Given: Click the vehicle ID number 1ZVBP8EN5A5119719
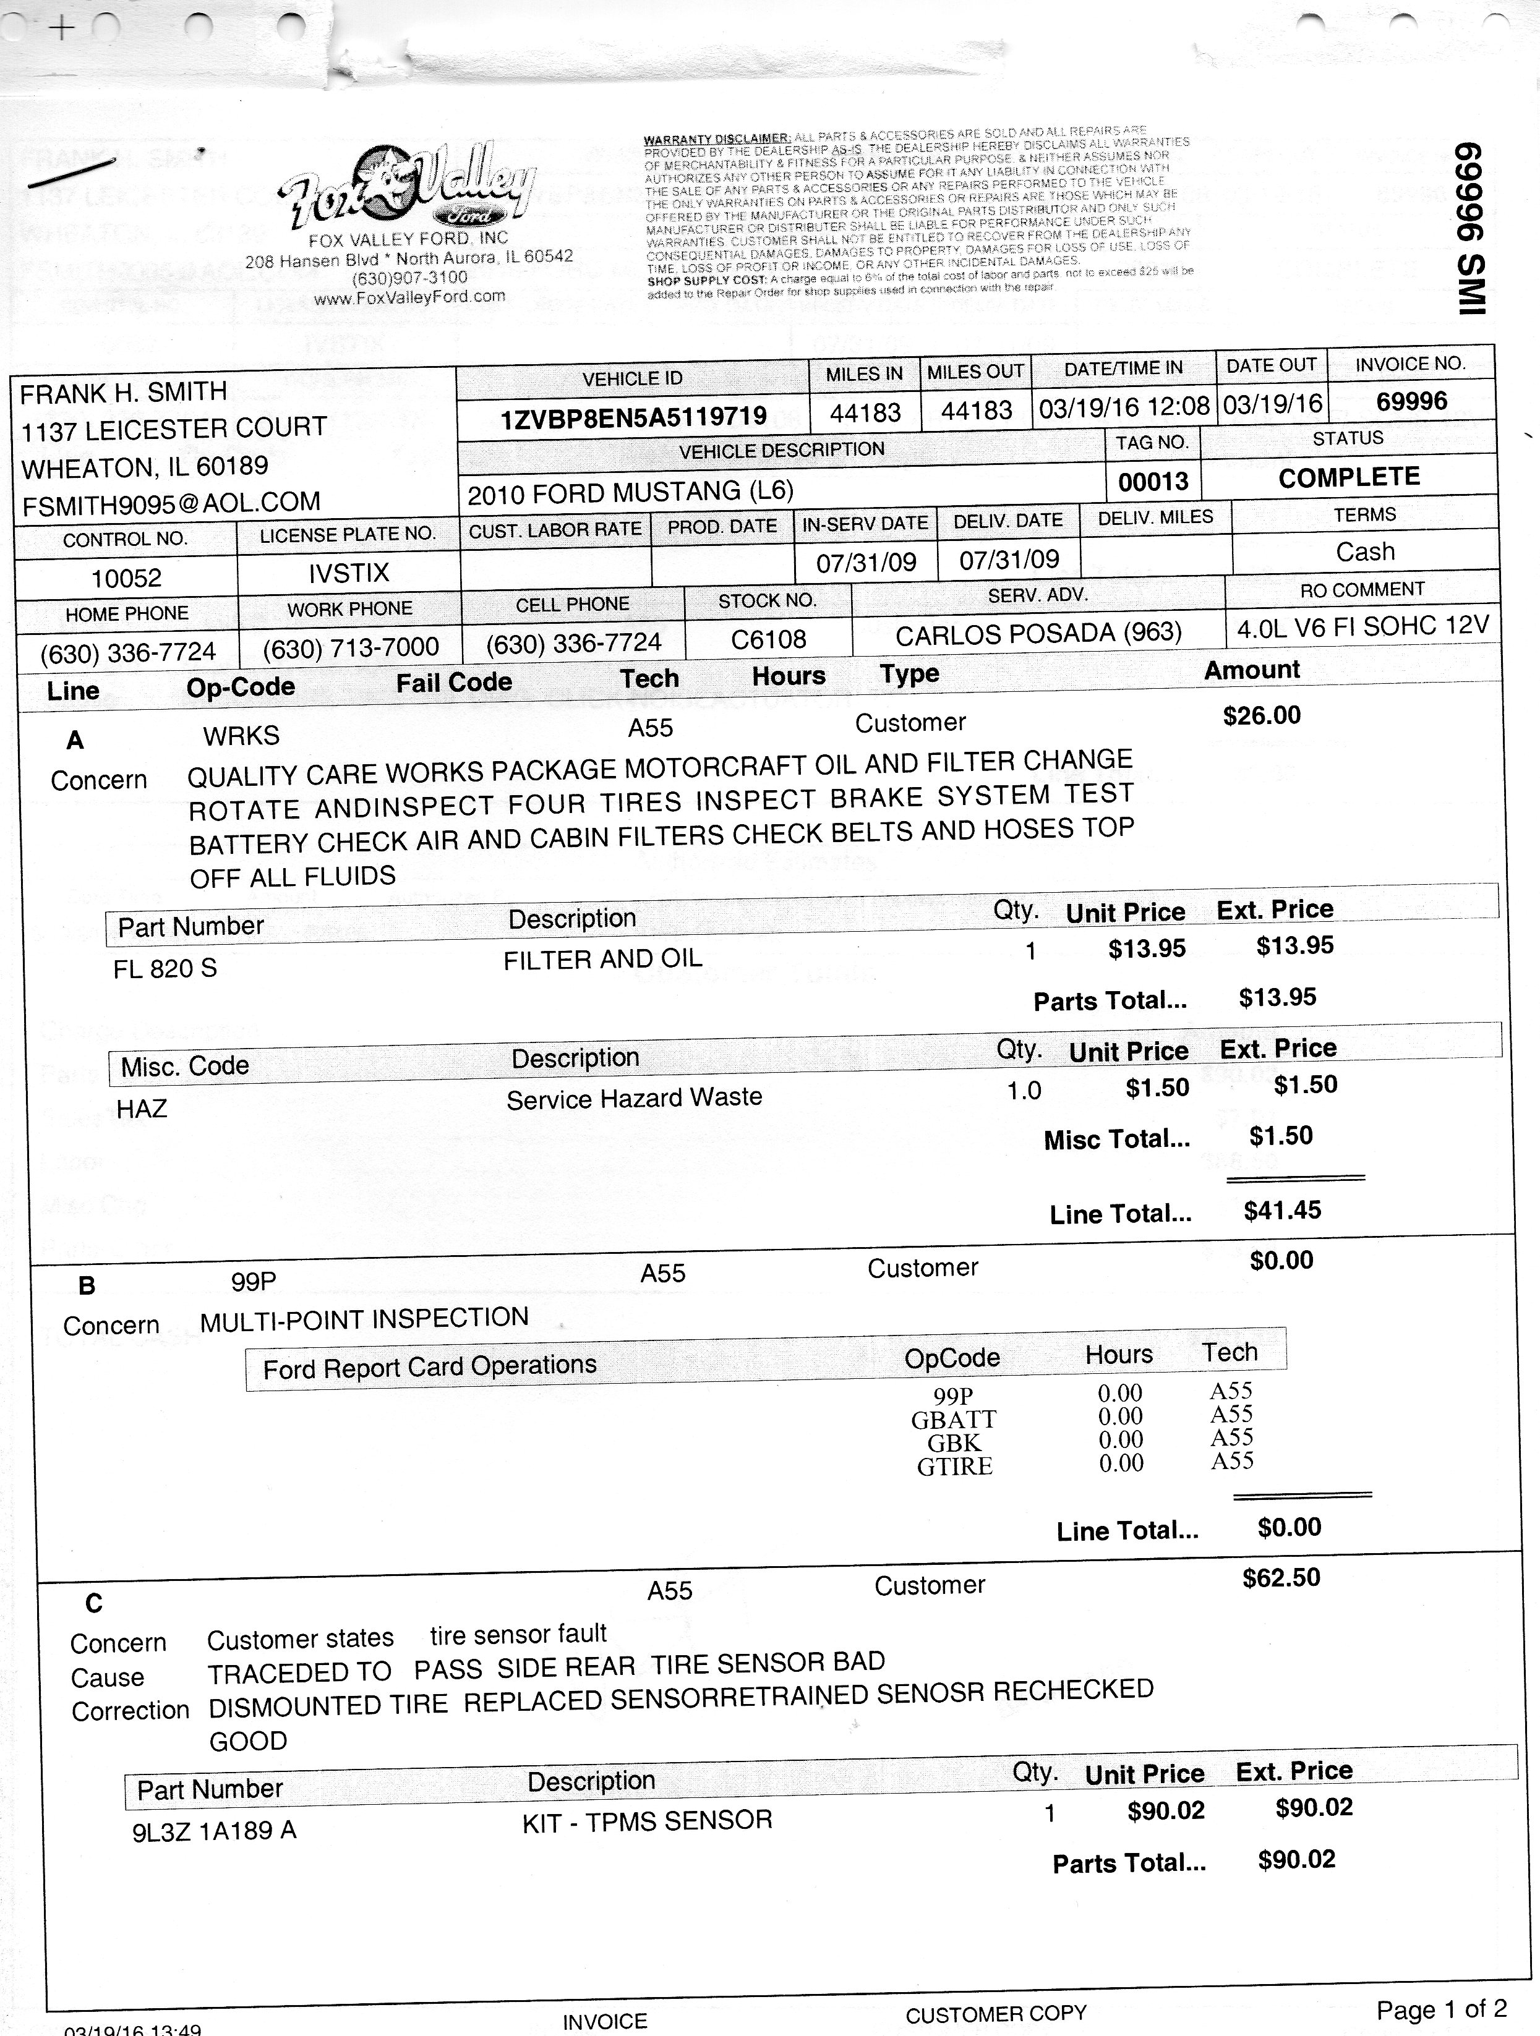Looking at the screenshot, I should point(633,417).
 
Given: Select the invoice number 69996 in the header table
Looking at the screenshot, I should point(1411,401).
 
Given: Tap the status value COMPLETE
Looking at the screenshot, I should point(1348,477).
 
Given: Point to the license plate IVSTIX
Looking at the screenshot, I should point(349,573).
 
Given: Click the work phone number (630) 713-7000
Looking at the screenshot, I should point(350,648).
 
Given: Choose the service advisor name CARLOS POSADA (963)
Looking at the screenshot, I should point(1037,633).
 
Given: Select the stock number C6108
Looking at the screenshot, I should point(768,639).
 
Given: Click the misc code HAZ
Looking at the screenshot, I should point(142,1108).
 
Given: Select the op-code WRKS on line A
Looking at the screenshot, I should point(241,735).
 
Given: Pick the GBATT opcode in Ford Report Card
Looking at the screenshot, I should point(954,1420).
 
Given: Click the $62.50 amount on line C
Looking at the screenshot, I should point(1280,1578).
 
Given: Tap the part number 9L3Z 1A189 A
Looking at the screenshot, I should point(215,1831).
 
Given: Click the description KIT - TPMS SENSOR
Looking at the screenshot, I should point(646,1821).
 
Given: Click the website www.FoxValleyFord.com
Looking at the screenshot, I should point(409,296).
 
